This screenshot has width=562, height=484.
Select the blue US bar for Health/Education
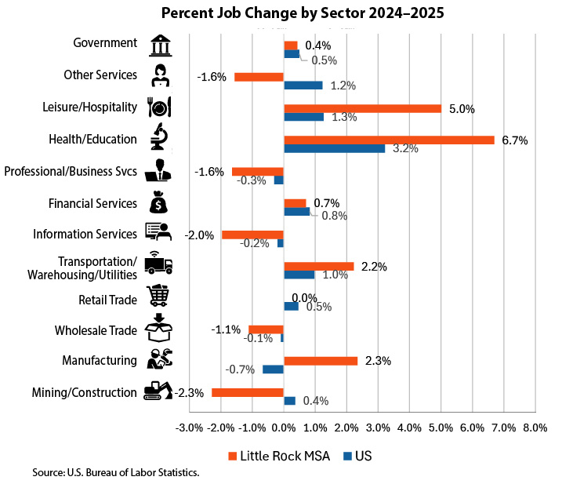334,148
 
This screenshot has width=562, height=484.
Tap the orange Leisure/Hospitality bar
362,108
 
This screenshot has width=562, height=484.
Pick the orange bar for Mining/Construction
247,391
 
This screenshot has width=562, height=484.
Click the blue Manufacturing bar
273,369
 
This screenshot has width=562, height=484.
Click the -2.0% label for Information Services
199,235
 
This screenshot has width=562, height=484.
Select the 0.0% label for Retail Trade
303,298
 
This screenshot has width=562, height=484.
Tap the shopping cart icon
159,297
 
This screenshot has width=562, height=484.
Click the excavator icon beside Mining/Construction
158,391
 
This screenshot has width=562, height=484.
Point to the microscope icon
159,137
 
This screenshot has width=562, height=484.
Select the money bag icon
159,202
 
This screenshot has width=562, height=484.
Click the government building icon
159,44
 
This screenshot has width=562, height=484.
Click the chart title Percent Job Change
281,13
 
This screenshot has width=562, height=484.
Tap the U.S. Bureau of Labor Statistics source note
116,472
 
